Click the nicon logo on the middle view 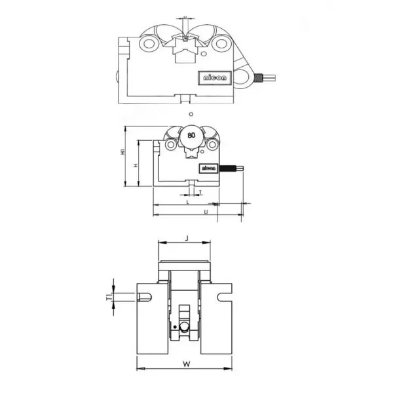[208, 168]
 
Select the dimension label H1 [122, 152]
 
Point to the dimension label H [135, 166]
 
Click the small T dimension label [199, 192]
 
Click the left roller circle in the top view [148, 45]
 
